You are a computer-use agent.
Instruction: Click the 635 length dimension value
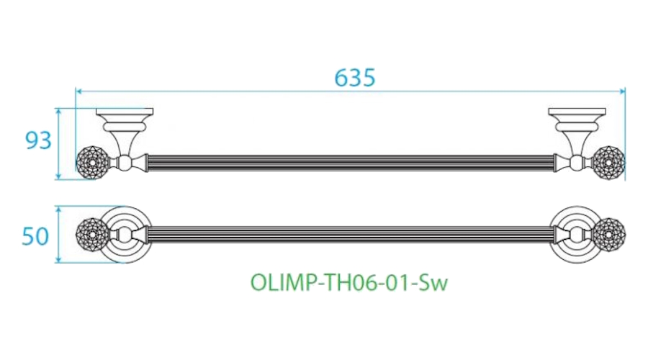pos(354,77)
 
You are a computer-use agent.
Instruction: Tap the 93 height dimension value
pos(38,140)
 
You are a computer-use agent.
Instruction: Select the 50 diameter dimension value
pos(35,236)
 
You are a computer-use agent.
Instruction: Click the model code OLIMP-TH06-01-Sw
pos(349,283)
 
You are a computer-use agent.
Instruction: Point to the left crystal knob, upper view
pos(91,163)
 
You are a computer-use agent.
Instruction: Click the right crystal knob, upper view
pos(609,163)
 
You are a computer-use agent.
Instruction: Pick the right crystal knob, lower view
pos(609,234)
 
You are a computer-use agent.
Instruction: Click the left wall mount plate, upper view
pos(125,112)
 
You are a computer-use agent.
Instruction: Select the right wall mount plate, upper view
pos(577,112)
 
